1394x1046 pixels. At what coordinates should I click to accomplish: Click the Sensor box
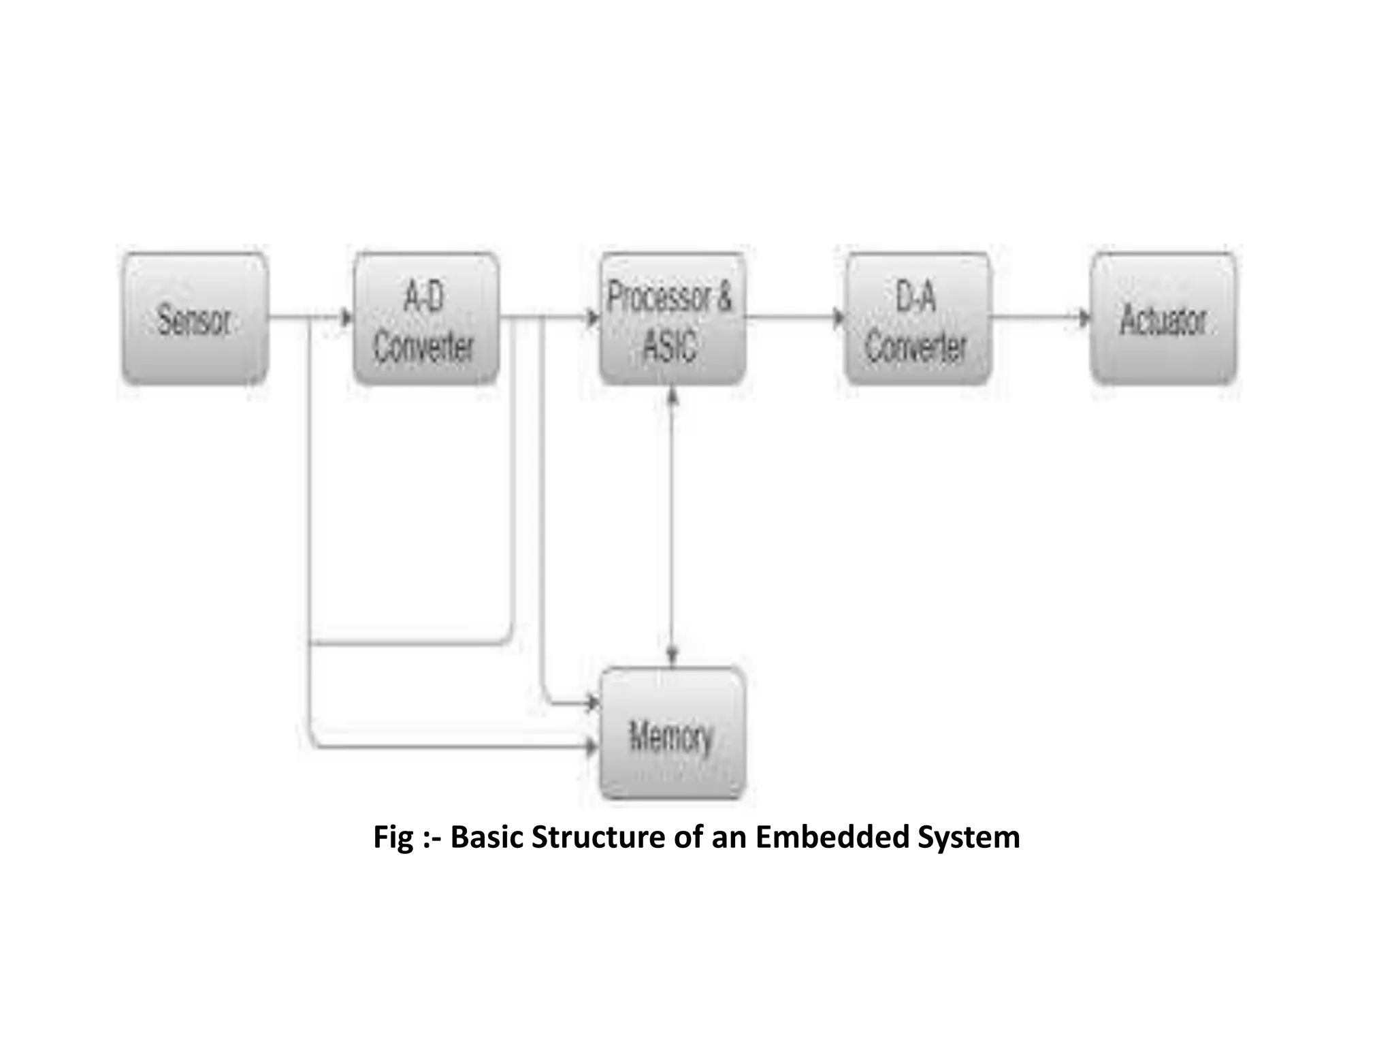pos(195,319)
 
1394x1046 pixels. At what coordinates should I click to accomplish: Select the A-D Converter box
pos(426,319)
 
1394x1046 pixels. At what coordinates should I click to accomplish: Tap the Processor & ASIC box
pos(672,319)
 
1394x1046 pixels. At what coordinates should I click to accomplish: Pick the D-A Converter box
pos(917,319)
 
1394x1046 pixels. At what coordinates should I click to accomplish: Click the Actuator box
pos(1163,319)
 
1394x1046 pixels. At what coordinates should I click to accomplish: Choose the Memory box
pos(672,734)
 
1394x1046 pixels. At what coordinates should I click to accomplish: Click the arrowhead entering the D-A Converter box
pos(839,317)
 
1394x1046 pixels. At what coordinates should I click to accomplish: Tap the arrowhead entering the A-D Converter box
pos(346,317)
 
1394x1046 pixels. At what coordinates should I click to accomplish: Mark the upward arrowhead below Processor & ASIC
pos(672,396)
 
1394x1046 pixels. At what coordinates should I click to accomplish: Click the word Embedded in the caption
pos(832,837)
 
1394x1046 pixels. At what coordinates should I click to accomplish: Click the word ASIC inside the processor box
pos(670,345)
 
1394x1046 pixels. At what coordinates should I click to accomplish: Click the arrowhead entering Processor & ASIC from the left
pos(593,317)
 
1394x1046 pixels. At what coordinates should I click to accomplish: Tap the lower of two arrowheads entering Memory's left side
pos(592,747)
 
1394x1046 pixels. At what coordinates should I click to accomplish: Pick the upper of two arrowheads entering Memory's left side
pos(592,703)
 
